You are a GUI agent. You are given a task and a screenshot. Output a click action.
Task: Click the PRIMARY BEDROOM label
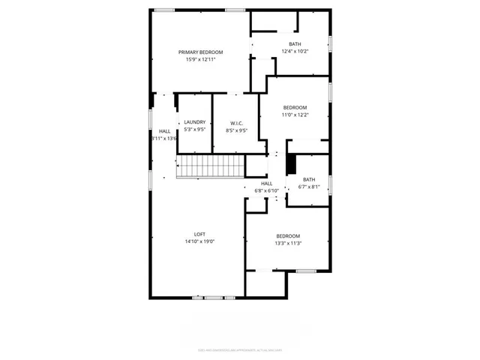pos(200,52)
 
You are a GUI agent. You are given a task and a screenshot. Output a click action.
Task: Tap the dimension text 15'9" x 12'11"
pos(200,59)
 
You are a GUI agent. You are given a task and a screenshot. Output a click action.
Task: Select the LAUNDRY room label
pos(195,122)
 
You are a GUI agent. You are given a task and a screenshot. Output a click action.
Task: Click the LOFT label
pos(199,234)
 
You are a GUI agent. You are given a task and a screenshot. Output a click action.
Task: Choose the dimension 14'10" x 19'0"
pos(199,241)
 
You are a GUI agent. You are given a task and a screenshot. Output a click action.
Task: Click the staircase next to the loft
pos(210,166)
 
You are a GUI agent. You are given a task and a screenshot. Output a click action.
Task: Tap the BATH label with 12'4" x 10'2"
pos(295,44)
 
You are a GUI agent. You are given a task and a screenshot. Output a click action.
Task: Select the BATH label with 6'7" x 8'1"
pos(309,179)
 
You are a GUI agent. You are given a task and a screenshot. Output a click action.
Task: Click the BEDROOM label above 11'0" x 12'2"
pos(295,107)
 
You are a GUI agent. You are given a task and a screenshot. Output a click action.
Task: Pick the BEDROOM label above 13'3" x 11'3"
pos(287,235)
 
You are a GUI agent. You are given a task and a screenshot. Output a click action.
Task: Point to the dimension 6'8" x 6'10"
pos(266,190)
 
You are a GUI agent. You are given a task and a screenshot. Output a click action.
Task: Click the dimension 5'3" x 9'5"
pos(195,130)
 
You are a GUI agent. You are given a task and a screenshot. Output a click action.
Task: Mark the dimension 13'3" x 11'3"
pos(287,243)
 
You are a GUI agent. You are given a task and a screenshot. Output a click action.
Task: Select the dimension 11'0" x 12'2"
pos(295,115)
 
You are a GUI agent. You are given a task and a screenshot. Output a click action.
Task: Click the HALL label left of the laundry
pos(164,131)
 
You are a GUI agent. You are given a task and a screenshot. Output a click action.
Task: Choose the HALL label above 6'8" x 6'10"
pos(266,183)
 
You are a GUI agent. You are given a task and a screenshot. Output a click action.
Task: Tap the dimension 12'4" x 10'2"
pos(295,52)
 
